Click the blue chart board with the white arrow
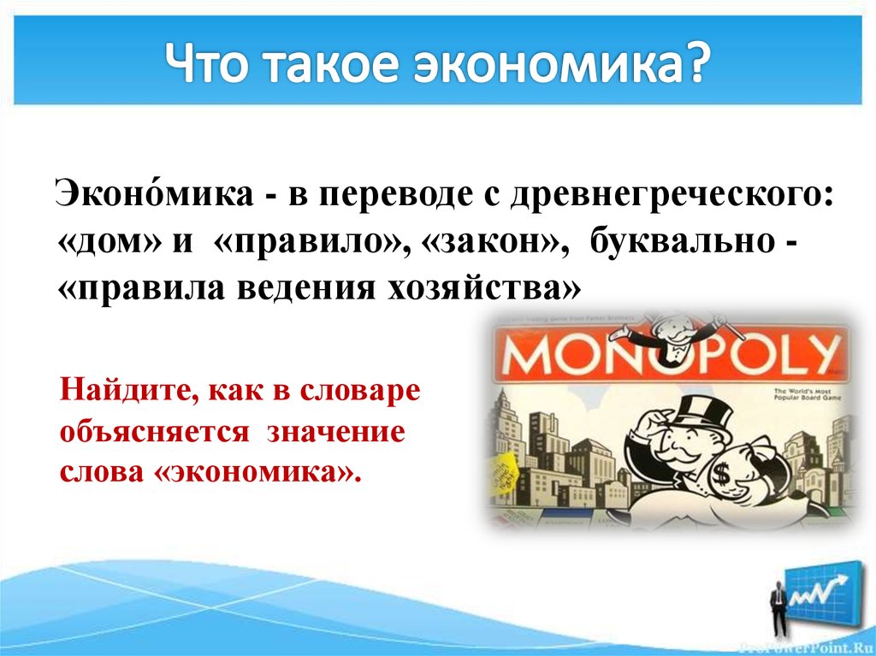pyautogui.click(x=822, y=591)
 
